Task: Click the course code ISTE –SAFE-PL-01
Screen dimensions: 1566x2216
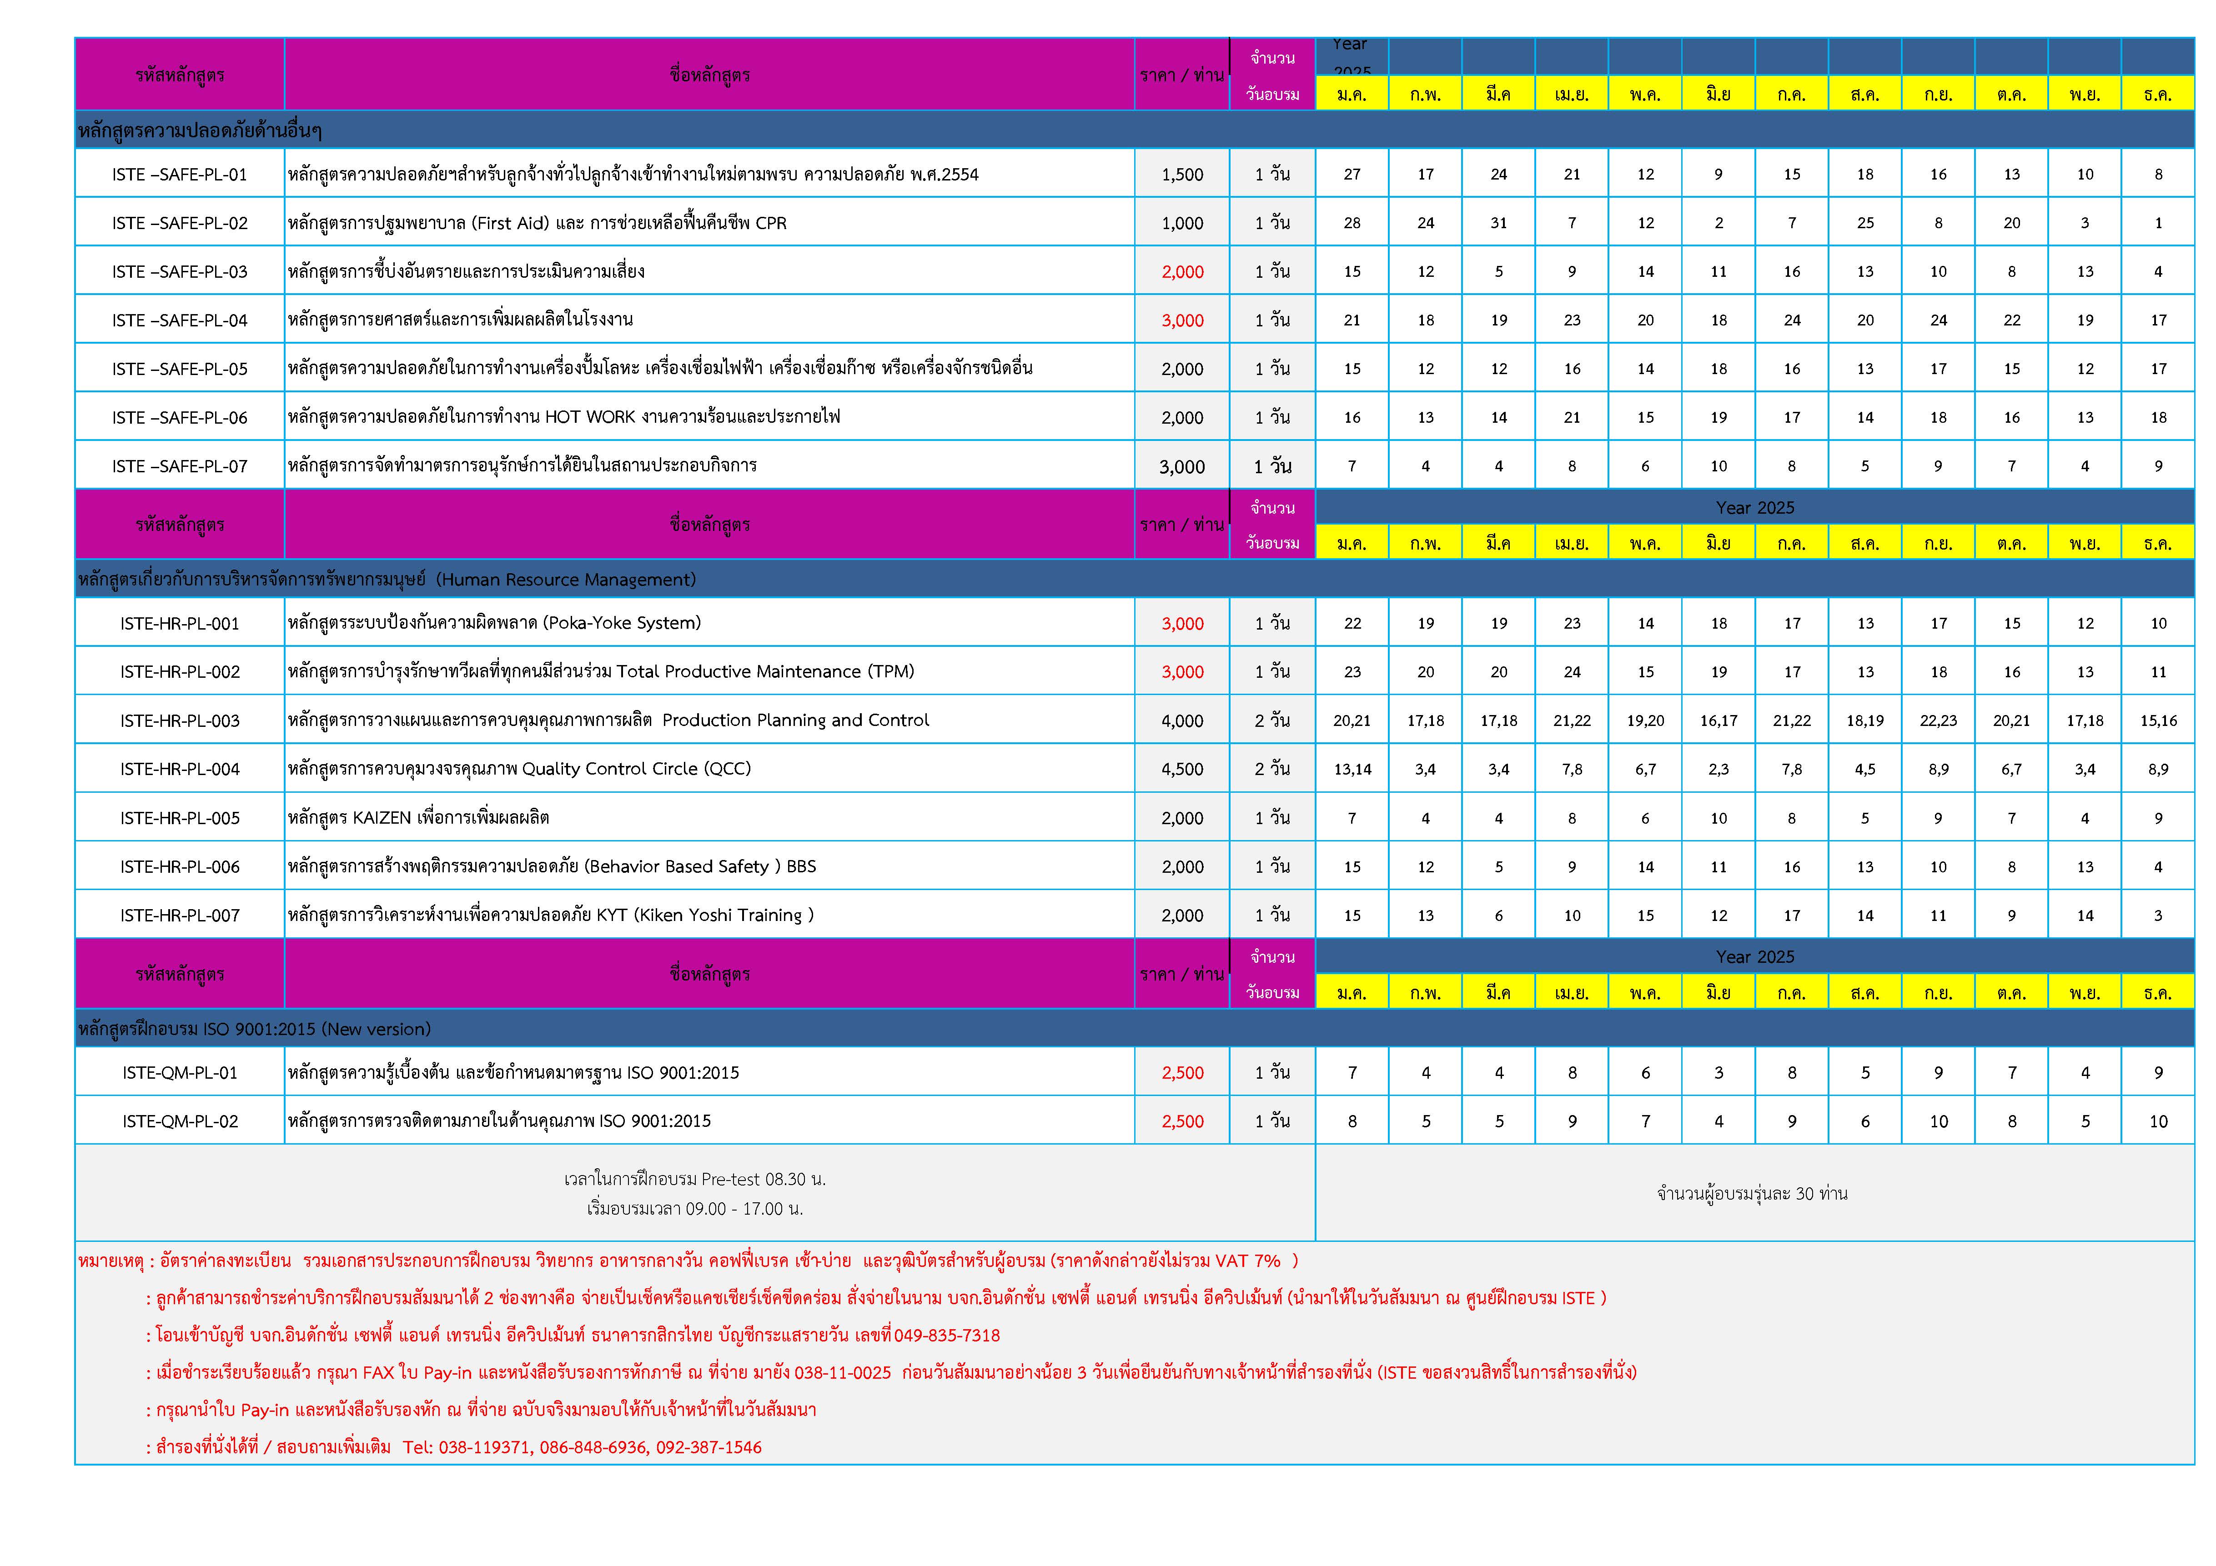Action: pyautogui.click(x=180, y=175)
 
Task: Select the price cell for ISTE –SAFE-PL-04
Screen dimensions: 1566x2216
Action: pyautogui.click(x=1182, y=320)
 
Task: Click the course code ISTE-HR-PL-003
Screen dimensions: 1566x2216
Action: pyautogui.click(x=180, y=721)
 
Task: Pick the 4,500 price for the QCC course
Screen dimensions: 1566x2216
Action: pyautogui.click(x=1182, y=769)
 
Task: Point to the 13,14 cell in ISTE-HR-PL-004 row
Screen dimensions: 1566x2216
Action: pyautogui.click(x=1352, y=769)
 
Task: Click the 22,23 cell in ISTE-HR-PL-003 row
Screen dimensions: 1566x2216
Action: pyautogui.click(x=1938, y=721)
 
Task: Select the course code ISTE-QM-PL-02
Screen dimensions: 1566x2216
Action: pyautogui.click(x=180, y=1121)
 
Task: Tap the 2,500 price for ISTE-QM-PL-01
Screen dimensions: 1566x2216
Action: pyautogui.click(x=1182, y=1073)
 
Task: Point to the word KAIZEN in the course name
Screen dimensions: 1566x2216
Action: pyautogui.click(x=382, y=818)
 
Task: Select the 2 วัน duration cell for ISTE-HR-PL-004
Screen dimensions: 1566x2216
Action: pyautogui.click(x=1272, y=769)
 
